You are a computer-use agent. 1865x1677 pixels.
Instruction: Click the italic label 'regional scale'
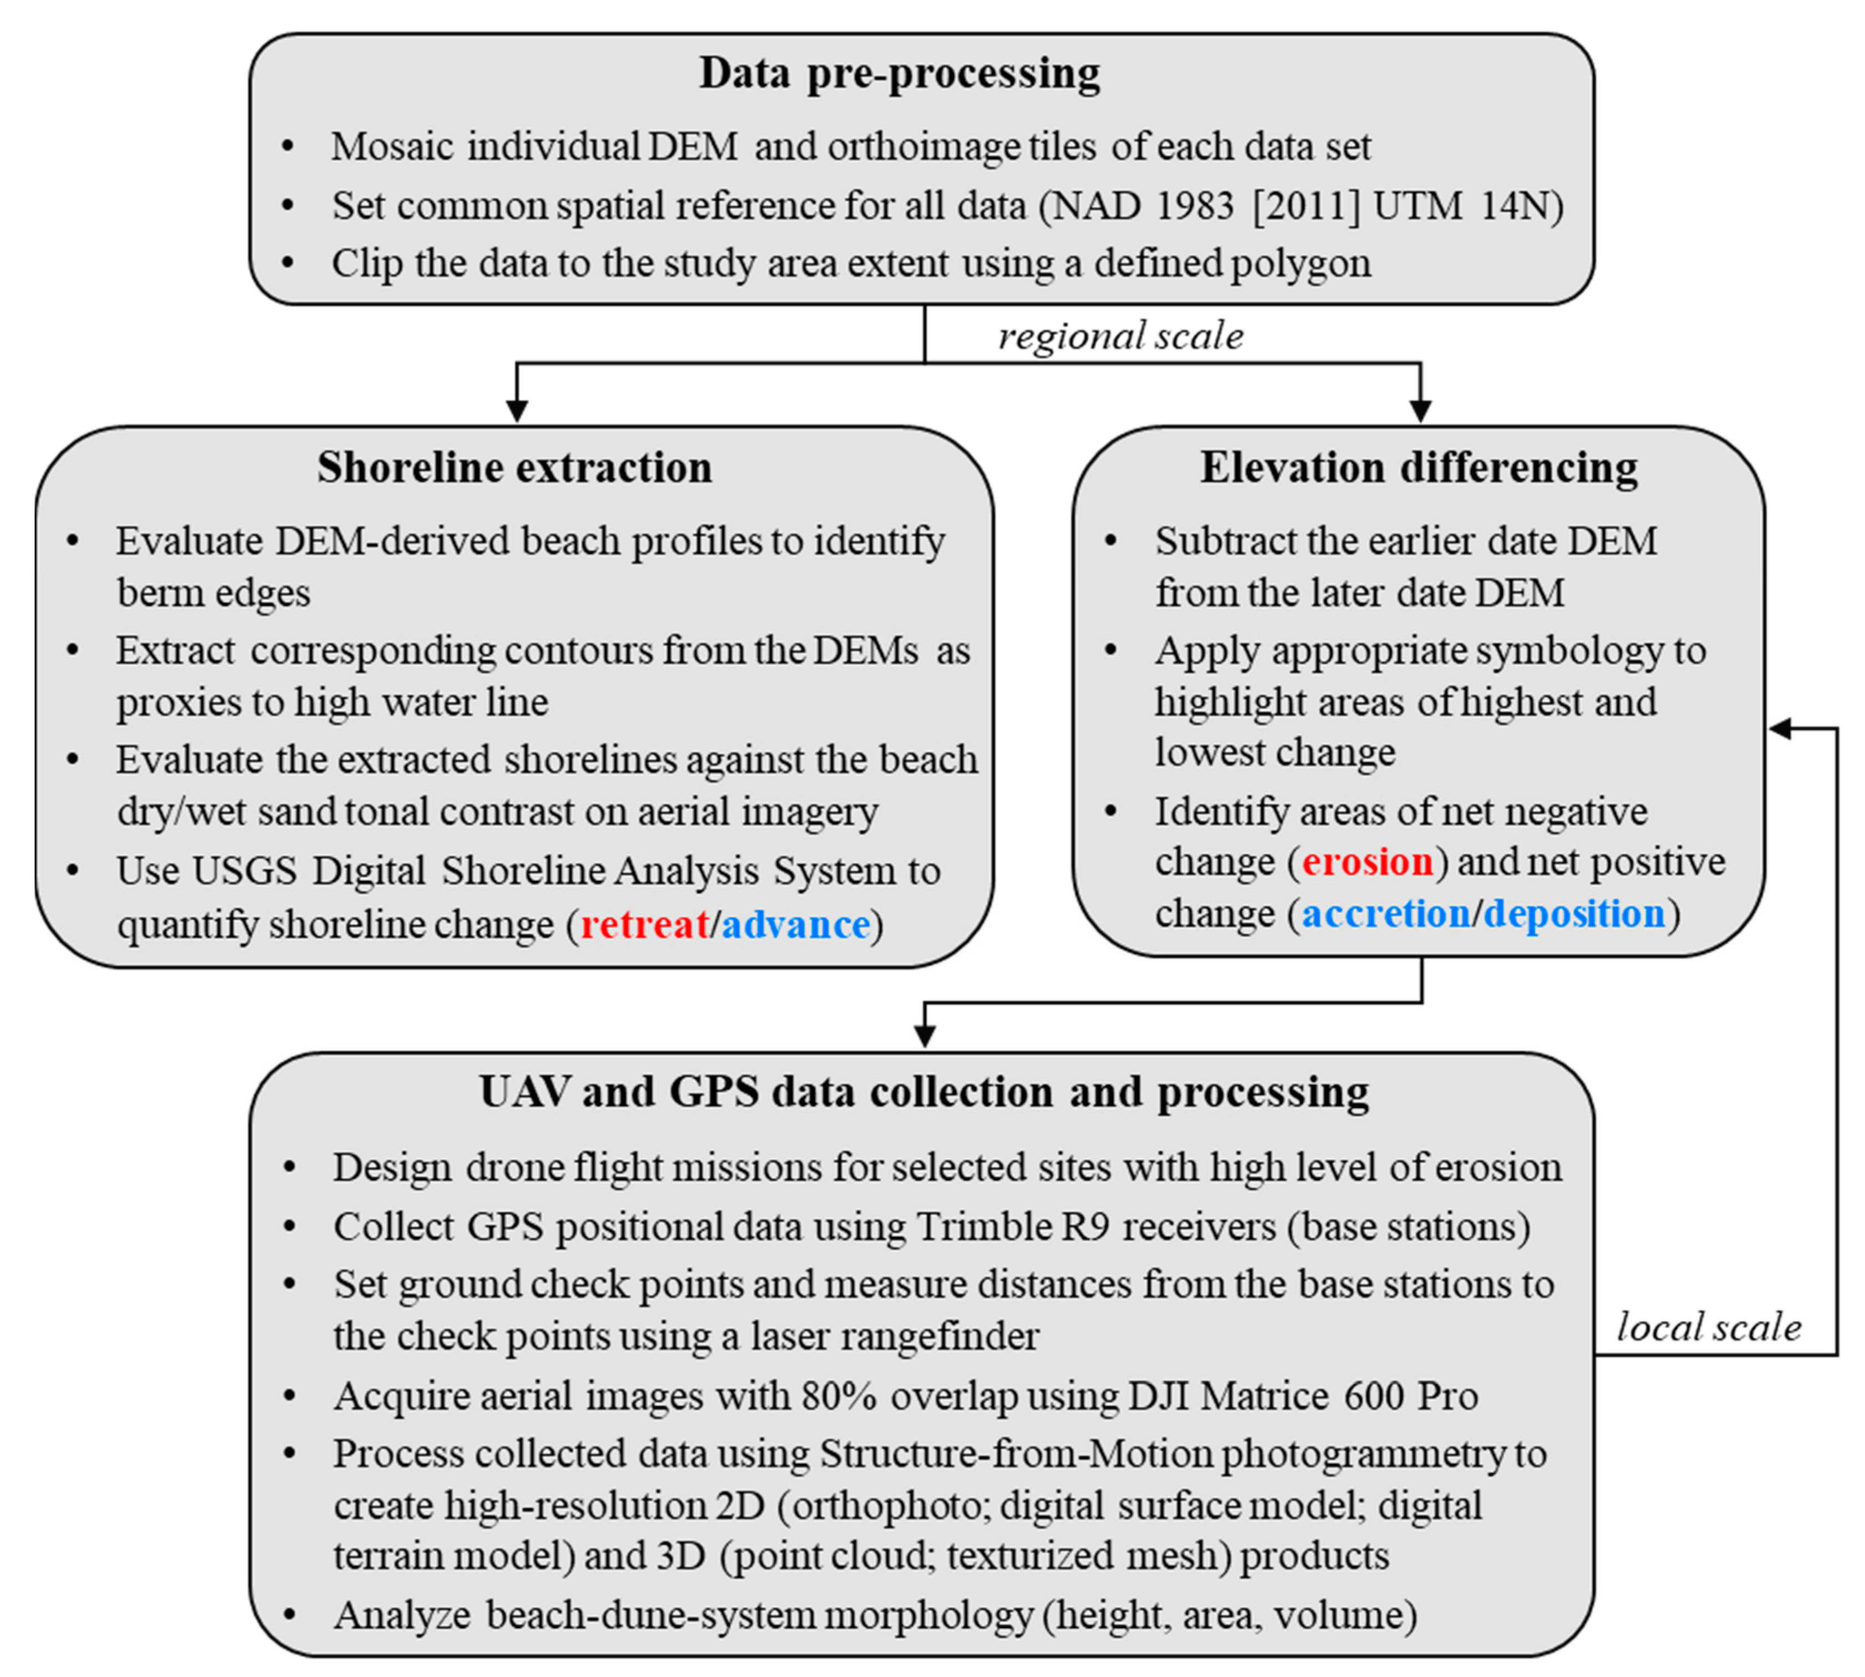click(1120, 337)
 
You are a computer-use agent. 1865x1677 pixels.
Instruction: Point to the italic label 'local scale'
click(1709, 1328)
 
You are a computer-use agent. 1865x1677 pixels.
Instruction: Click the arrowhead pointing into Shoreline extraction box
click(517, 411)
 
